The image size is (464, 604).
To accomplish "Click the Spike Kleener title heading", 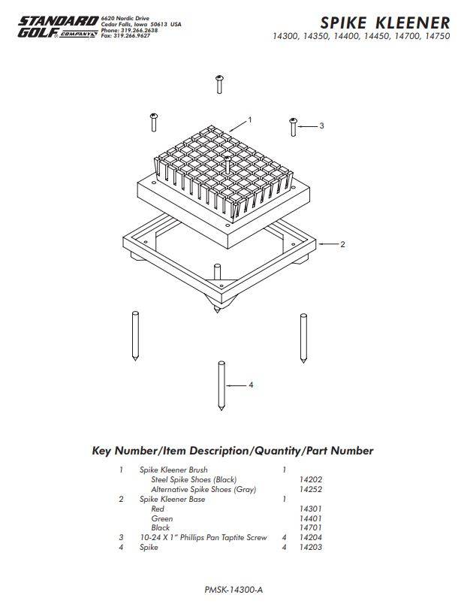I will (x=385, y=23).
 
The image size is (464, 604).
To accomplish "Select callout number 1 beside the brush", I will (x=250, y=119).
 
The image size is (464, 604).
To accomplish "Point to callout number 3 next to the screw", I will (x=321, y=125).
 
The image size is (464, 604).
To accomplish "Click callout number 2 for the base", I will (x=342, y=244).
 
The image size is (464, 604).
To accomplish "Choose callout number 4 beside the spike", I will (x=251, y=385).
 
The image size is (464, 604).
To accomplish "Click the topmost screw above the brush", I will (x=219, y=83).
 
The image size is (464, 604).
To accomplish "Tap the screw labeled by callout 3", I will (x=294, y=126).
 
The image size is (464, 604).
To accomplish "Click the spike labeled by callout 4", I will (x=221, y=385).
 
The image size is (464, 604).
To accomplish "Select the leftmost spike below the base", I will (x=133, y=336).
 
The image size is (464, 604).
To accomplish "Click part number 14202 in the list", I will (x=311, y=479).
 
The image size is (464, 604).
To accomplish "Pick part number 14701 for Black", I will (x=311, y=528).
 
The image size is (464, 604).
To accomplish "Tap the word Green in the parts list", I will (x=161, y=518).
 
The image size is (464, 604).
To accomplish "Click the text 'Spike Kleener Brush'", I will (x=173, y=470).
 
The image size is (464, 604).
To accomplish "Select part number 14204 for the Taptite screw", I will (x=311, y=538).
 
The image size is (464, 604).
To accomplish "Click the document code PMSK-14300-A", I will (x=233, y=590).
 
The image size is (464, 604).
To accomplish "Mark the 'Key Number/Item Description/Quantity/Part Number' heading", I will (x=232, y=451).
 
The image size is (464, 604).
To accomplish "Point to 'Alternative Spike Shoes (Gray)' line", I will (x=203, y=489).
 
